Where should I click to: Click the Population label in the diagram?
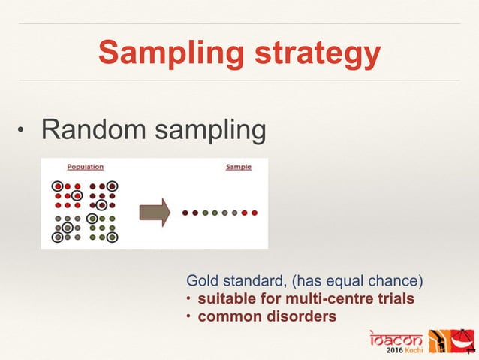click(x=85, y=167)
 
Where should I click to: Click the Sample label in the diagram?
click(x=239, y=167)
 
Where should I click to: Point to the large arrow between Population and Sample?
click(x=155, y=212)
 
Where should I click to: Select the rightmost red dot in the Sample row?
click(x=255, y=213)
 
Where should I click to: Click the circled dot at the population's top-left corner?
click(x=58, y=186)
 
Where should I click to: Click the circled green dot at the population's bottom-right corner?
click(x=112, y=237)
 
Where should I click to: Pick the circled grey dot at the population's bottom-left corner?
click(x=58, y=237)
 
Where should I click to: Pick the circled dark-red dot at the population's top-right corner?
click(x=112, y=186)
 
